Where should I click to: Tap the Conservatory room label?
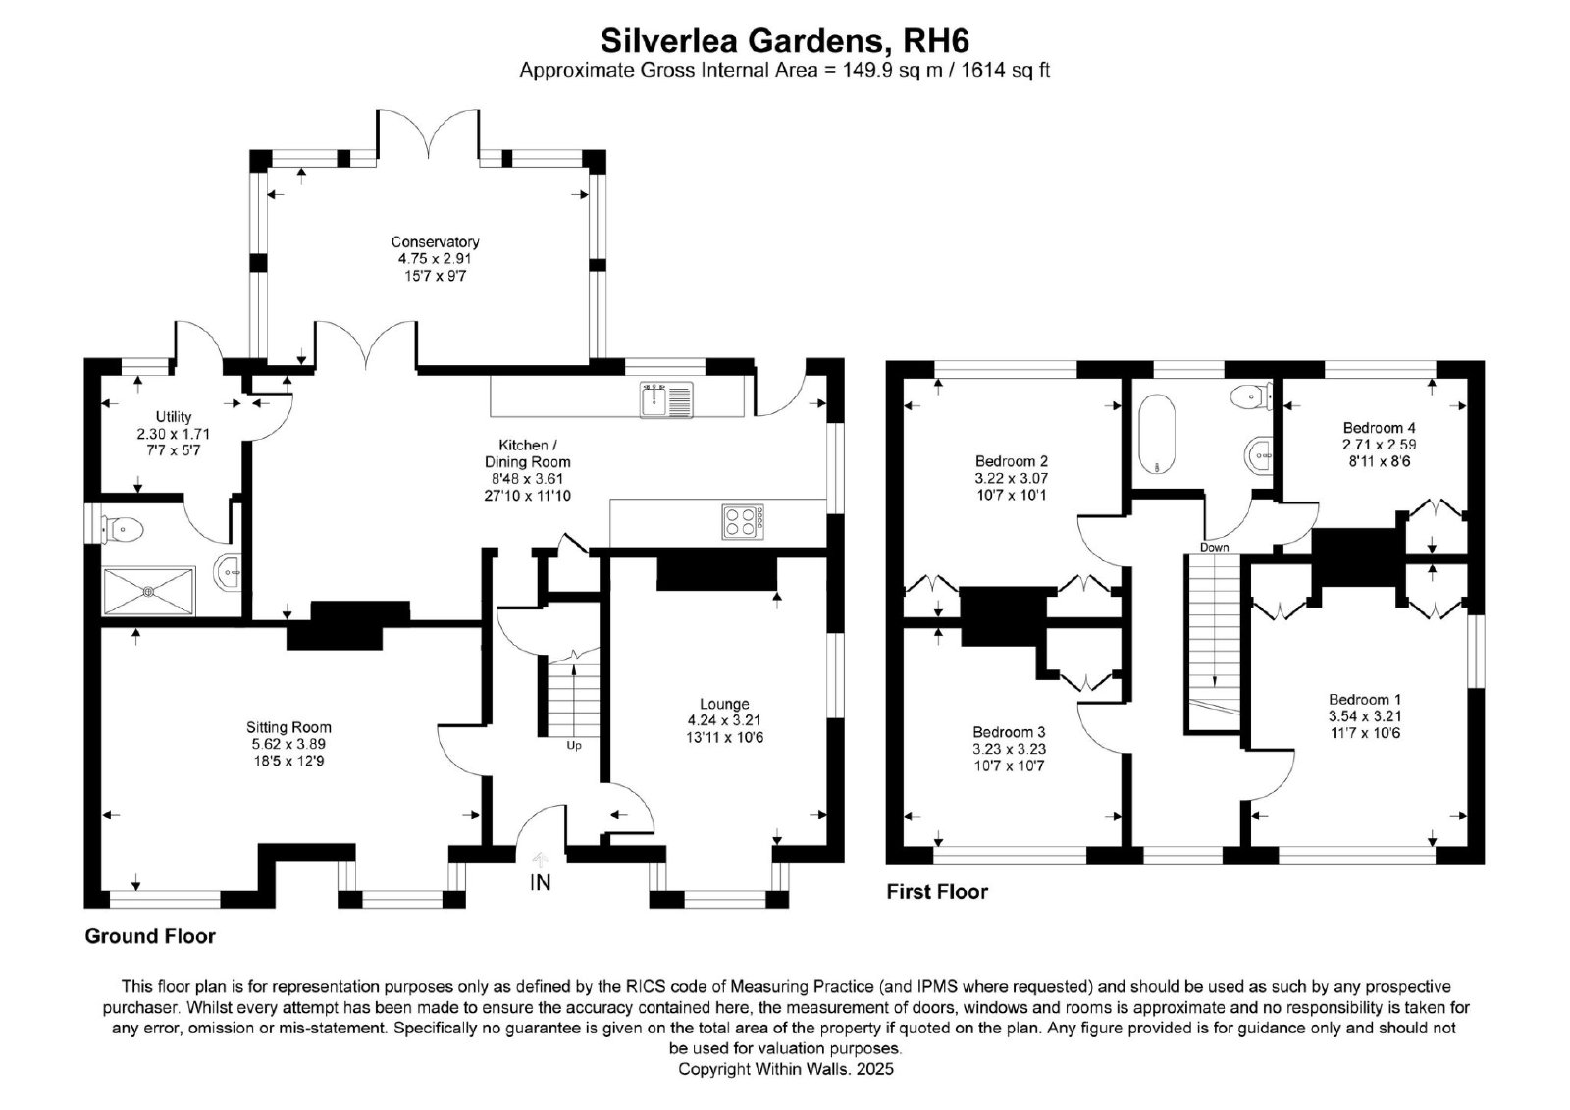coord(436,241)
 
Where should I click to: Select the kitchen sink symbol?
coord(666,399)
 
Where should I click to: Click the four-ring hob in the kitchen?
coord(743,522)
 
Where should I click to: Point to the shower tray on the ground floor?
coord(148,592)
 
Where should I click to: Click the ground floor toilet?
coord(123,529)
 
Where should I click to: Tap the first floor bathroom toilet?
coord(1252,396)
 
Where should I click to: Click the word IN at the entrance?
coord(540,883)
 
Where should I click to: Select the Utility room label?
coord(174,416)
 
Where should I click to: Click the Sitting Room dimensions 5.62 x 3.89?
coord(288,744)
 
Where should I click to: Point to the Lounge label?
coord(725,704)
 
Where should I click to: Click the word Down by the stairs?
coord(1214,547)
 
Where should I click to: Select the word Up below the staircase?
coord(574,745)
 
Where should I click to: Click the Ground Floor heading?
coord(150,936)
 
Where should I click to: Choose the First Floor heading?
coord(937,891)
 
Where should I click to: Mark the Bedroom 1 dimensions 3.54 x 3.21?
coord(1365,715)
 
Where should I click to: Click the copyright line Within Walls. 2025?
coord(786,1068)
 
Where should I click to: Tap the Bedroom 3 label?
coord(1010,731)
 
